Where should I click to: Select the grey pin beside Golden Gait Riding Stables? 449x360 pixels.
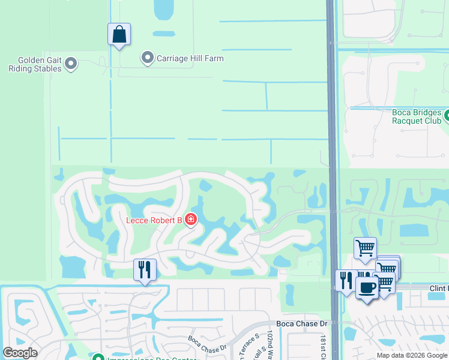pos(71,63)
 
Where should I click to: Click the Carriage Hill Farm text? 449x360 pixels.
pos(190,58)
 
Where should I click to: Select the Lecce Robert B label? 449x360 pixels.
pos(154,220)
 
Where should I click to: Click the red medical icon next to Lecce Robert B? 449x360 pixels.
pos(191,220)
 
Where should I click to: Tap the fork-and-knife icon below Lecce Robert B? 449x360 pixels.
pos(145,269)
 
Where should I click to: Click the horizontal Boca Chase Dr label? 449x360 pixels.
pos(307,323)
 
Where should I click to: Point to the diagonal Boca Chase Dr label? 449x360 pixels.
pos(207,344)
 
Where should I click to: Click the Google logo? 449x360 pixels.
pos(20,353)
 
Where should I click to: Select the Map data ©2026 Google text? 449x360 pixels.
pos(411,355)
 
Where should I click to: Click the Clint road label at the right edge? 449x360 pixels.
pos(439,289)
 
